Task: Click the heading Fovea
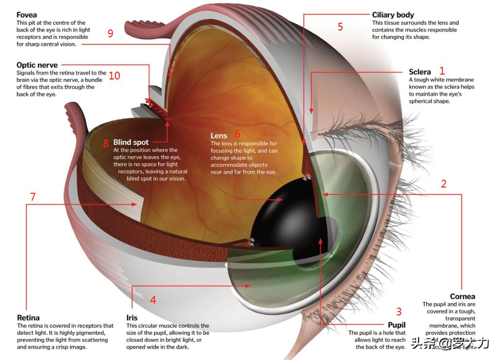point(27,15)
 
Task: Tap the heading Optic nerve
point(37,65)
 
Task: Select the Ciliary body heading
point(393,15)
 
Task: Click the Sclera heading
point(419,72)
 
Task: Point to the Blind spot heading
point(131,142)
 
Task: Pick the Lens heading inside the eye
point(219,136)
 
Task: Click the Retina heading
point(28,318)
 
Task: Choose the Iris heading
point(132,318)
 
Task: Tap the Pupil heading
point(396,325)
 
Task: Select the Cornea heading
point(462,297)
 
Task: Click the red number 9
point(111,33)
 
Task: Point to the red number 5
point(340,27)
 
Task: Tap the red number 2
point(443,184)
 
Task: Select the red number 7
point(33,197)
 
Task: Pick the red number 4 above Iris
point(153,300)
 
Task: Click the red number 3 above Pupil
point(399,312)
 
